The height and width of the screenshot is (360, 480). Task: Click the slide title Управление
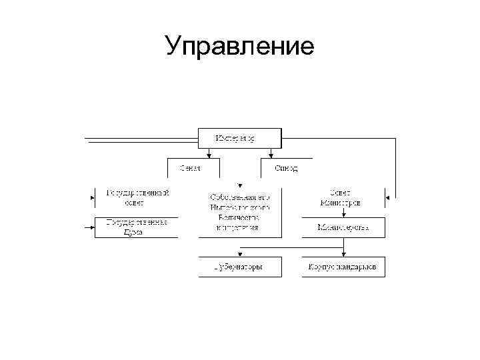pyautogui.click(x=240, y=46)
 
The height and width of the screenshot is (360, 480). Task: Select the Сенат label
pyautogui.click(x=190, y=168)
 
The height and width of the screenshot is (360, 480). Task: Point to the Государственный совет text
pyautogui.click(x=138, y=197)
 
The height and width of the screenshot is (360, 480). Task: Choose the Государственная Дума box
pyautogui.click(x=137, y=227)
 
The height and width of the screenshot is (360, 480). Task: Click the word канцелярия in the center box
pyautogui.click(x=237, y=228)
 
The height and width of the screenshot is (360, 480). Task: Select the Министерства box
pyautogui.click(x=343, y=227)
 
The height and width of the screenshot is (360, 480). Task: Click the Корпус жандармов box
pyautogui.click(x=343, y=267)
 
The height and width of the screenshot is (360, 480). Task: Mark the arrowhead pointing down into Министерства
pyautogui.click(x=343, y=214)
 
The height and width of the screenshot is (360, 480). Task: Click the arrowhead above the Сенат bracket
pyautogui.click(x=209, y=157)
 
